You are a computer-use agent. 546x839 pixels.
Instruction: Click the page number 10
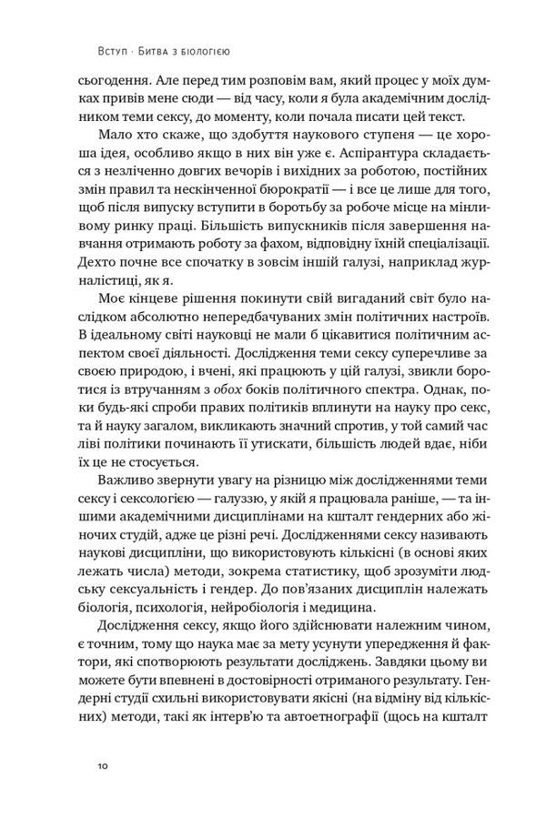(x=102, y=767)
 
